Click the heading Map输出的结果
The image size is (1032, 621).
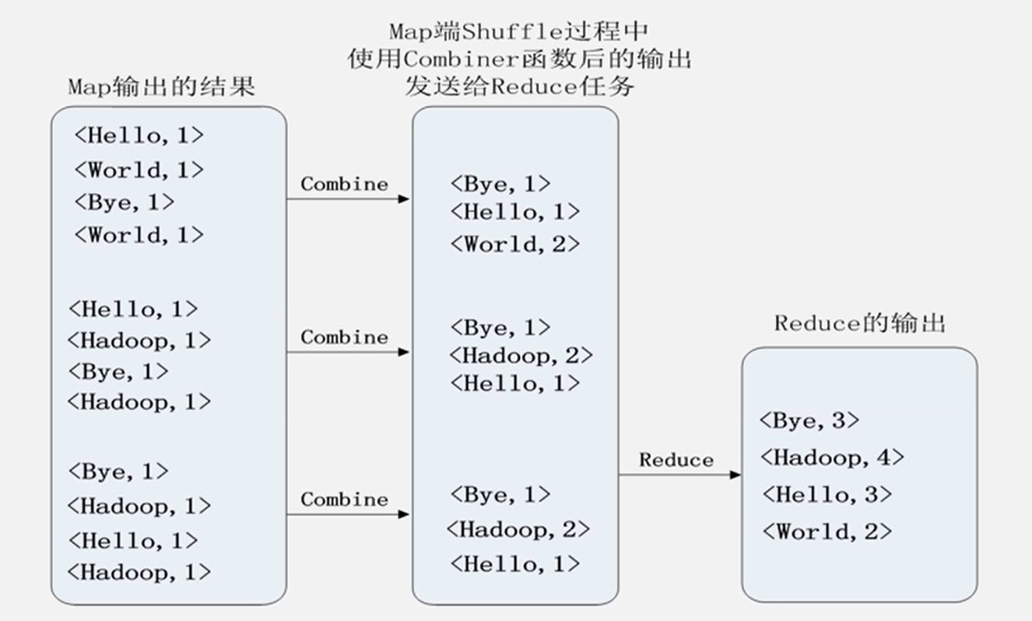[x=162, y=86]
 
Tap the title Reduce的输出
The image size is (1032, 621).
[x=859, y=323]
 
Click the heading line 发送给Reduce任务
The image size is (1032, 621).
[x=519, y=86]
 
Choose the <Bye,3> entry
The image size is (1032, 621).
[x=809, y=421]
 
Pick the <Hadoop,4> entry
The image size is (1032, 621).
[x=832, y=458]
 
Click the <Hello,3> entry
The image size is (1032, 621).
[x=826, y=494]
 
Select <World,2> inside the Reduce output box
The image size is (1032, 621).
[x=826, y=532]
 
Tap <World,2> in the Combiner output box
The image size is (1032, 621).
[x=514, y=244]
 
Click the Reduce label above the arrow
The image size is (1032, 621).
[x=676, y=460]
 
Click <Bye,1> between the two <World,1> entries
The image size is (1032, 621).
[x=125, y=202]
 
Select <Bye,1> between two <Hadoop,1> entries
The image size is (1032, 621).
[x=118, y=372]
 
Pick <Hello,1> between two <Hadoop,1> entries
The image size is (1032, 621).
[x=133, y=540]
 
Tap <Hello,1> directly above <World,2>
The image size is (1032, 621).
[x=514, y=212]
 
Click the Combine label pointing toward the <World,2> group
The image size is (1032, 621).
[x=344, y=184]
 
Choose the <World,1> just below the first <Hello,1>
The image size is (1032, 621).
[x=139, y=170]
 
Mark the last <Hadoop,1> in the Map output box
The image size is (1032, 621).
[x=139, y=573]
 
